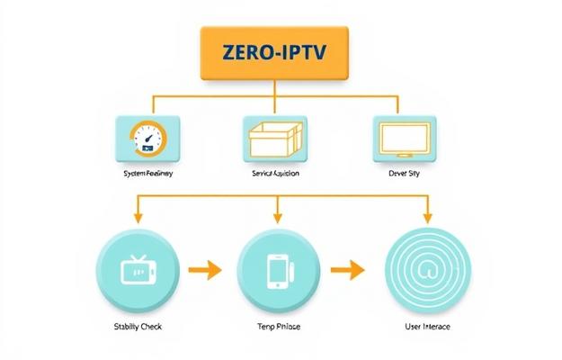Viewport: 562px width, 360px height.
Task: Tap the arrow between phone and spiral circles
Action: pyautogui.click(x=347, y=267)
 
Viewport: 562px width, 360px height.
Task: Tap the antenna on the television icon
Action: pyautogui.click(x=139, y=256)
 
